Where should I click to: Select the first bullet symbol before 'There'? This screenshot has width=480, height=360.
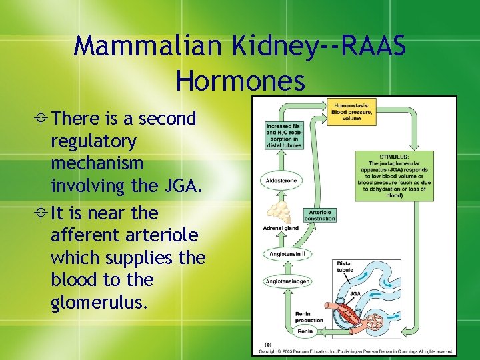pos(43,119)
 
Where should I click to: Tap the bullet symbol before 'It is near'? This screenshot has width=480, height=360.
pos(43,213)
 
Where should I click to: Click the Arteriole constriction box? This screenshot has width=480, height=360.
pos(319,215)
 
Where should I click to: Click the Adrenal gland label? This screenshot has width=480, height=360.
pos(280,229)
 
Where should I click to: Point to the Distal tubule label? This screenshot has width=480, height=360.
pos(346,266)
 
